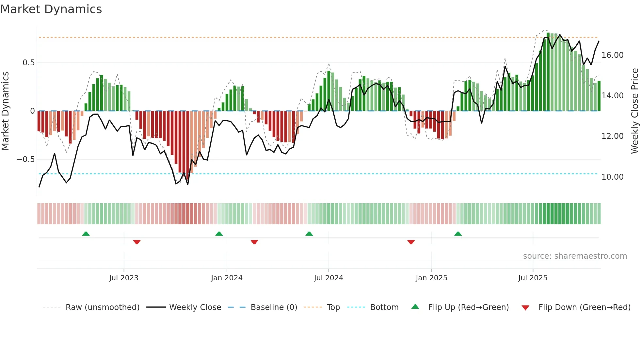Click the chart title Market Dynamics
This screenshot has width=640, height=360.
click(x=51, y=9)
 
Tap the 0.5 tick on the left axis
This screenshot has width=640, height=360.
click(x=28, y=63)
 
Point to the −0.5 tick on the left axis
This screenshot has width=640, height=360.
click(x=26, y=159)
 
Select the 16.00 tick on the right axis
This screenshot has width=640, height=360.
click(x=613, y=55)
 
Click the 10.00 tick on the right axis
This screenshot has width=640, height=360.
click(x=613, y=177)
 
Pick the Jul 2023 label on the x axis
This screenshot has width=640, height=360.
click(x=124, y=278)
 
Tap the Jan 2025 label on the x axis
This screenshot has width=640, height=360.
click(x=431, y=278)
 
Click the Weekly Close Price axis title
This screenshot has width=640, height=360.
click(x=634, y=111)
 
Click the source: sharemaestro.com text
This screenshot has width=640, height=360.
click(x=575, y=256)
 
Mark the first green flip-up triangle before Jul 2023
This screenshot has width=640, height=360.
click(x=86, y=234)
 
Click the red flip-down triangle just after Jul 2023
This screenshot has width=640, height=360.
click(x=137, y=242)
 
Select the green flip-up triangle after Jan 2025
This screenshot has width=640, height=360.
click(x=458, y=234)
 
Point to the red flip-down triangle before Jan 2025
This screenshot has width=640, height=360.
click(x=411, y=242)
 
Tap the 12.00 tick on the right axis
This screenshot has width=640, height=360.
click(x=613, y=136)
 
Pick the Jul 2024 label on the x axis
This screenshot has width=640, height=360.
click(x=328, y=278)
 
